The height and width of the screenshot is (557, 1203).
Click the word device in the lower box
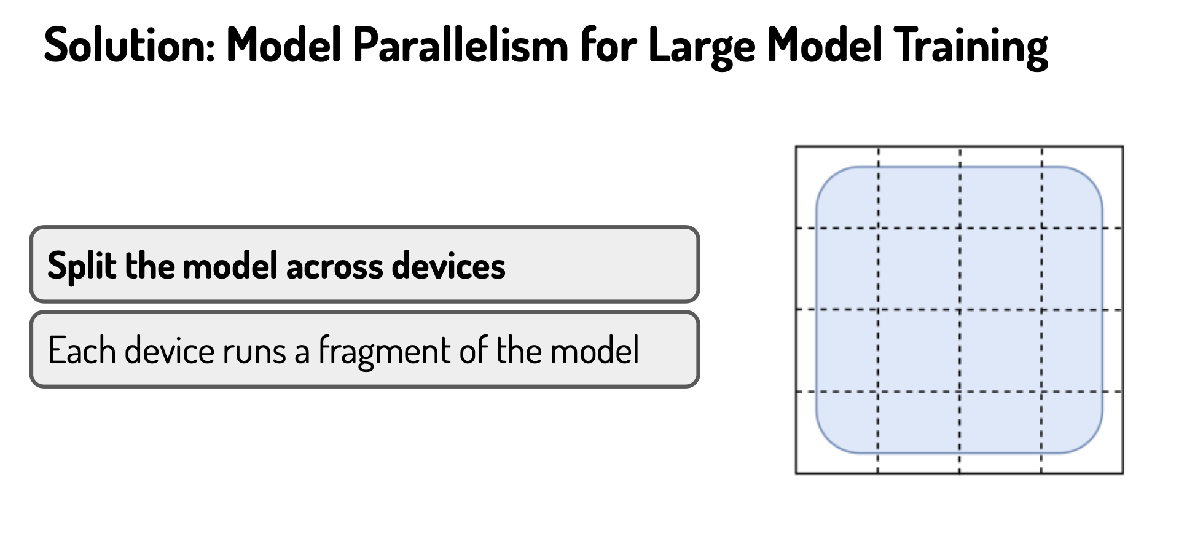[170, 350]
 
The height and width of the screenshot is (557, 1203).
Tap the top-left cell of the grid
[837, 188]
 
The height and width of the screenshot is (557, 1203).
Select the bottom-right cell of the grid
[1083, 433]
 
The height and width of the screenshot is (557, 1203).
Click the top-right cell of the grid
[1083, 188]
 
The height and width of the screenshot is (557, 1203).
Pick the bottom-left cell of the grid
[837, 433]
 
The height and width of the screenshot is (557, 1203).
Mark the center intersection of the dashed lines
[960, 310]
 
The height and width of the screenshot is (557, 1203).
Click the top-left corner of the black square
[796, 147]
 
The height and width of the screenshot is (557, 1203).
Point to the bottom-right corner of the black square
[1123, 473]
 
